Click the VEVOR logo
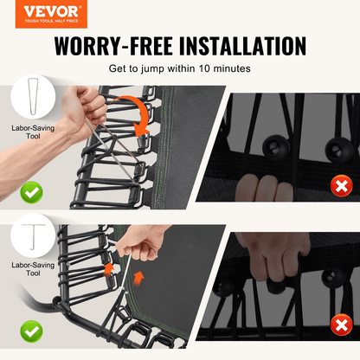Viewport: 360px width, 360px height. [x=44, y=11]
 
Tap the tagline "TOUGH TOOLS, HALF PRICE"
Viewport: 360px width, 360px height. [x=44, y=23]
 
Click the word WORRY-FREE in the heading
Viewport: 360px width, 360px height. [x=108, y=46]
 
